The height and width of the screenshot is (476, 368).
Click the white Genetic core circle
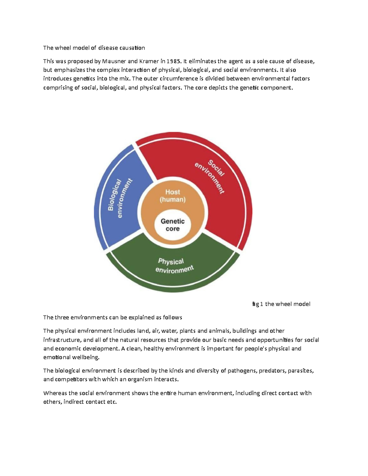tap(173, 225)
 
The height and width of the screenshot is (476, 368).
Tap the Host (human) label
tap(173, 196)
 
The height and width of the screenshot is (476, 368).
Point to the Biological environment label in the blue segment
tap(119, 199)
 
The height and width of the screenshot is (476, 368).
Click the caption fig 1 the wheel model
tap(281, 304)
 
